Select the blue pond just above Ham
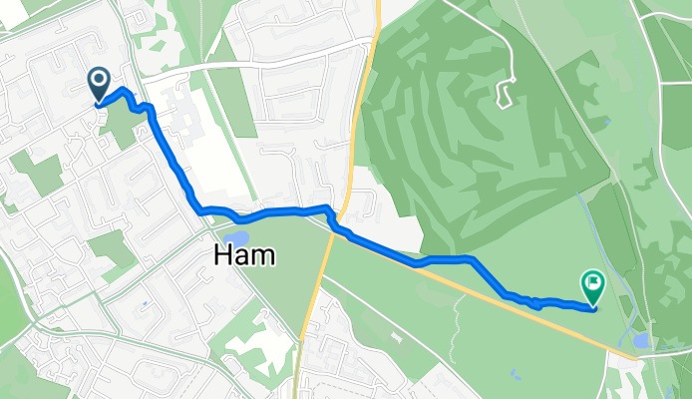(237, 236)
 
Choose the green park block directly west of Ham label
(112, 249)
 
